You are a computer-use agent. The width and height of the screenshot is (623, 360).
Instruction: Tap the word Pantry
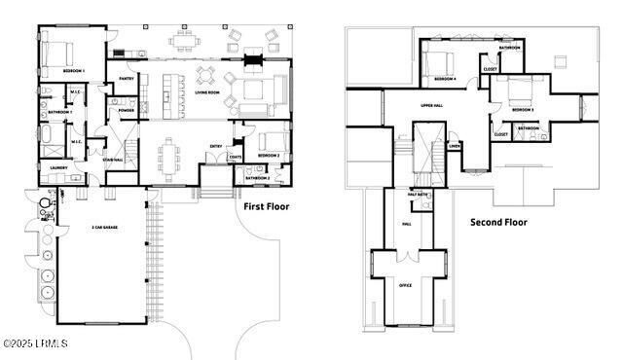pyautogui.click(x=127, y=79)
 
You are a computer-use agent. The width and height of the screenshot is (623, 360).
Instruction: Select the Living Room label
pyautogui.click(x=207, y=93)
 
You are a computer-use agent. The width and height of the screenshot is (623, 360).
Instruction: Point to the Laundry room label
pyautogui.click(x=58, y=167)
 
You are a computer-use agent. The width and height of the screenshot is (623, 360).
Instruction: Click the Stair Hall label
pyautogui.click(x=113, y=160)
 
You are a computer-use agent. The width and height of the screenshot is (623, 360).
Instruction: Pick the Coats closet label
pyautogui.click(x=235, y=157)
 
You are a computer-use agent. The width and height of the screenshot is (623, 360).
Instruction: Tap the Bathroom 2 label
pyautogui.click(x=258, y=178)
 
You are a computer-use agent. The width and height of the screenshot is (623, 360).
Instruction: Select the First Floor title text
pyautogui.click(x=268, y=206)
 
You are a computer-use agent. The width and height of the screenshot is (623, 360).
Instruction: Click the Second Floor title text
pyautogui.click(x=498, y=222)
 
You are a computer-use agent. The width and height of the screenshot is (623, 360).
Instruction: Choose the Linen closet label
pyautogui.click(x=455, y=147)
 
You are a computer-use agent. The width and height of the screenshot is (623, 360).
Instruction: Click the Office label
pyautogui.click(x=406, y=285)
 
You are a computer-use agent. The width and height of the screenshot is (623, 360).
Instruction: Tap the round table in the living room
pyautogui.click(x=206, y=74)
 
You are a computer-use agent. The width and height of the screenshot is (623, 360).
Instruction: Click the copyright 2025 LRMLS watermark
pyautogui.click(x=34, y=343)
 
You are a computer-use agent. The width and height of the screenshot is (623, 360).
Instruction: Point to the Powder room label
pyautogui.click(x=127, y=110)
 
